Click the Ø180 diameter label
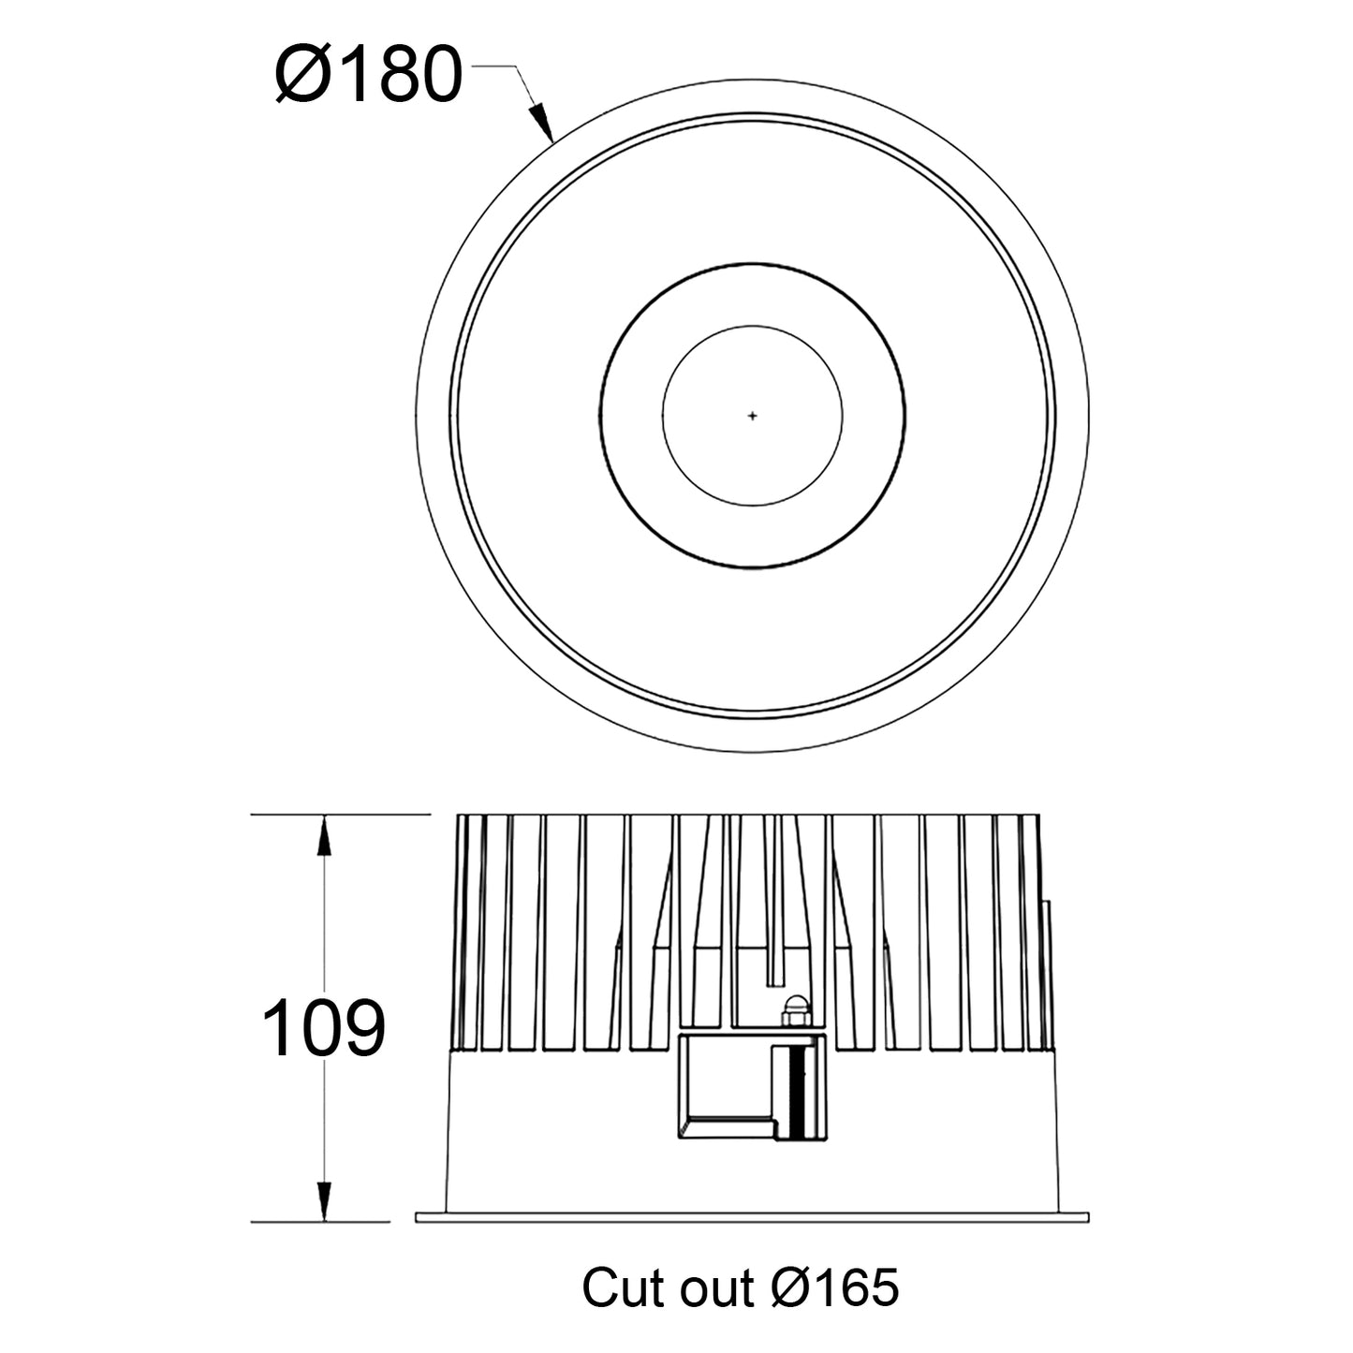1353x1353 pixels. [369, 74]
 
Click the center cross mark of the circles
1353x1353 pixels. [752, 416]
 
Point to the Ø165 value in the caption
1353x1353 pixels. [835, 1287]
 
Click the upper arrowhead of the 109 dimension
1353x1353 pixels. [324, 835]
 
